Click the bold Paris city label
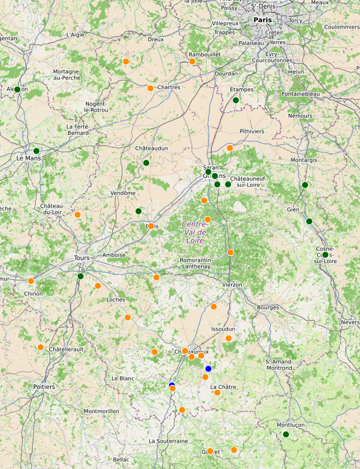[263, 20]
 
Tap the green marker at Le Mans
[36, 151]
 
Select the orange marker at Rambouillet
[192, 61]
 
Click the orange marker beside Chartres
[150, 88]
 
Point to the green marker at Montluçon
[286, 434]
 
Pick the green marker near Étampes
[236, 100]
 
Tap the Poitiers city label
[44, 387]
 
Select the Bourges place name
[267, 307]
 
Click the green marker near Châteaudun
[146, 162]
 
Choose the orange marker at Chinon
[31, 281]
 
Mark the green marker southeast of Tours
[81, 276]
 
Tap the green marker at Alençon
[17, 90]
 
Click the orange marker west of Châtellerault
[41, 347]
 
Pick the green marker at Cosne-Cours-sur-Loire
[325, 255]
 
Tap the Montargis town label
[304, 161]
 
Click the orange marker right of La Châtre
[217, 393]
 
